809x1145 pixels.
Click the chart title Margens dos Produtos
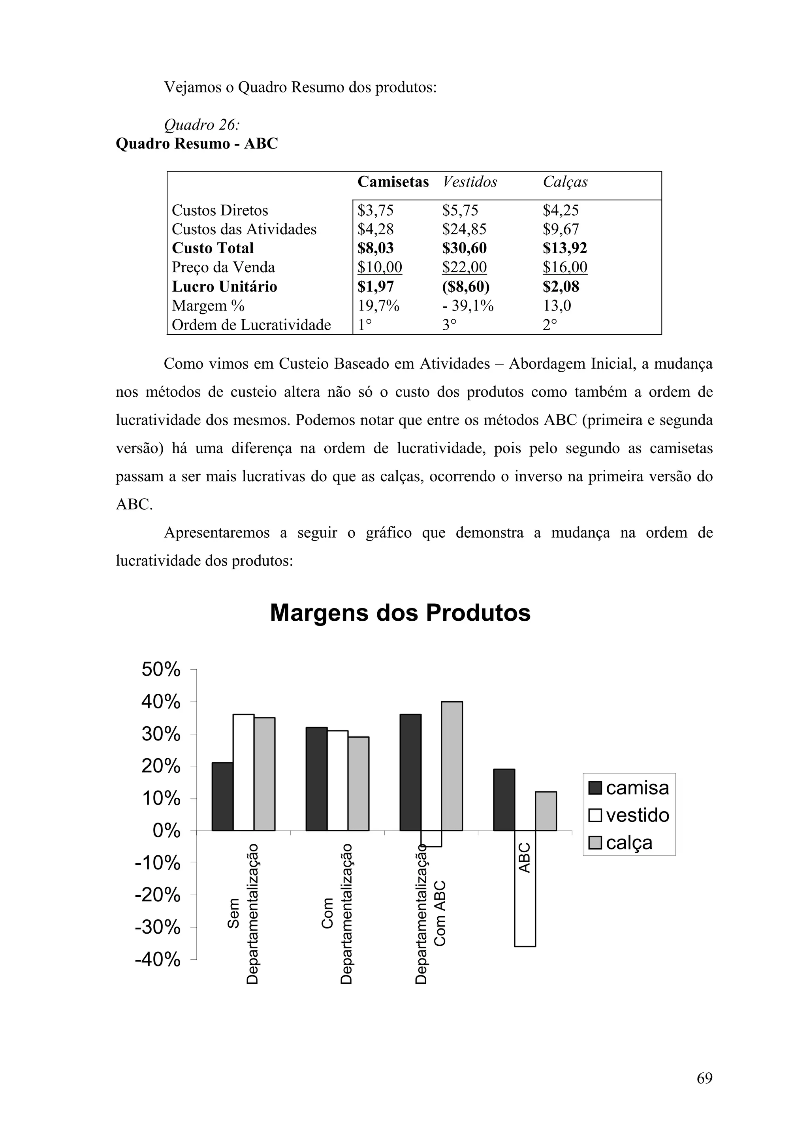click(x=400, y=613)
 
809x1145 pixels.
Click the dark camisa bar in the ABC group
click(x=504, y=800)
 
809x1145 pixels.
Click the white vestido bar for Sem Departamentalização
click(x=243, y=772)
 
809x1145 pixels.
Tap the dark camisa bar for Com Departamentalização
click(x=316, y=779)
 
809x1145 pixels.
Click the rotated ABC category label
click(x=524, y=857)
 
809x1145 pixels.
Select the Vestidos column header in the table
click(x=470, y=182)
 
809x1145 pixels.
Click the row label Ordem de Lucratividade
click(x=251, y=325)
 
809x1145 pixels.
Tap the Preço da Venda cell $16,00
click(x=565, y=267)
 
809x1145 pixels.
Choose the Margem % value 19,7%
click(x=378, y=306)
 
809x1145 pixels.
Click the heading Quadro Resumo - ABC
click(x=197, y=144)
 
